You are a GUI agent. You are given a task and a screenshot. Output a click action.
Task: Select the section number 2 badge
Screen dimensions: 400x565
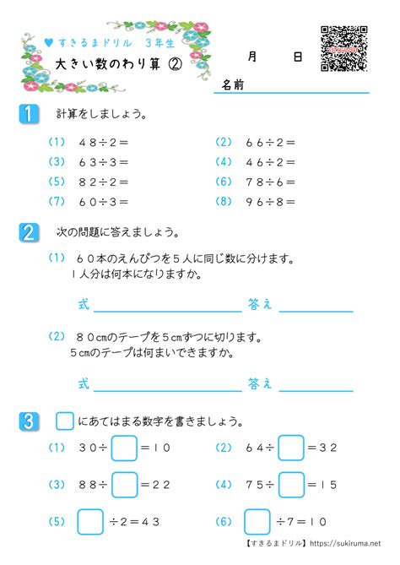28,231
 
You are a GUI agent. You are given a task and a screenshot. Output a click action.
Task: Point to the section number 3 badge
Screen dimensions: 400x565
28,420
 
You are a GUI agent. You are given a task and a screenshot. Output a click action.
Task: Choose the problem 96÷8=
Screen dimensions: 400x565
272,201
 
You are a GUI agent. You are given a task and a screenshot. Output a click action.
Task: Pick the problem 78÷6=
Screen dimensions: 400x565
272,182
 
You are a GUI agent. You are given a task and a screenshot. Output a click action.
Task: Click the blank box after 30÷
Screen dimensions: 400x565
124,448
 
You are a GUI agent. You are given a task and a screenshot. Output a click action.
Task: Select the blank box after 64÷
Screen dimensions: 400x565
291,448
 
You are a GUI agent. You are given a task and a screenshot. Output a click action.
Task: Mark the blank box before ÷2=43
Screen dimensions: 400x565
89,521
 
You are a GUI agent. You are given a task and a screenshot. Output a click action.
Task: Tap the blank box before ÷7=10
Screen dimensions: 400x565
257,521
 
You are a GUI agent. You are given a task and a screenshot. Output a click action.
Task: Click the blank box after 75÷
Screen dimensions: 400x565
291,484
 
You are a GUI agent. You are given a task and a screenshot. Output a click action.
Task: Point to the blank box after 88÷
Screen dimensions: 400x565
124,484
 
